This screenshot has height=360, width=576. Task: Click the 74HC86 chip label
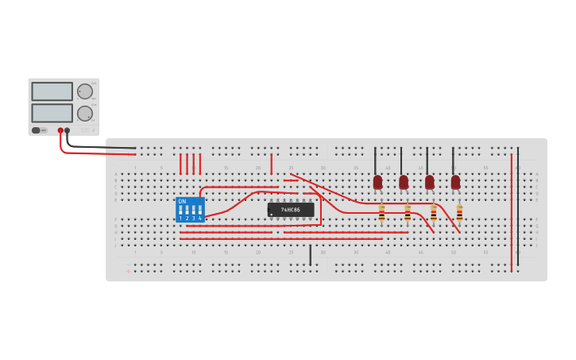[290, 209]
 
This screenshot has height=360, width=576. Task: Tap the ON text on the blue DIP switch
[182, 201]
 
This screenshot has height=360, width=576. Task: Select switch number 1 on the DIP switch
[180, 212]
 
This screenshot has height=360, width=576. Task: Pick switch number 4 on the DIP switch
[200, 212]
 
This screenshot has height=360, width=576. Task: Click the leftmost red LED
[377, 182]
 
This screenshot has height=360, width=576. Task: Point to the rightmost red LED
[455, 182]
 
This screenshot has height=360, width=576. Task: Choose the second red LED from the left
[404, 182]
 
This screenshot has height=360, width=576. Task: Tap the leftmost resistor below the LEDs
[381, 213]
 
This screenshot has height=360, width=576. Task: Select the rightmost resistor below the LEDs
[459, 213]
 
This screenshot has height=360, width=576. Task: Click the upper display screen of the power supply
[52, 91]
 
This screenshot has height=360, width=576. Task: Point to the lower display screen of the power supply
[52, 113]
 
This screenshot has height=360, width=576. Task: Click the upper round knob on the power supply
[84, 91]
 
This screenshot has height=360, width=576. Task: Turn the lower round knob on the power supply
[84, 113]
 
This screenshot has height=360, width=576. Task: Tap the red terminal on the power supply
[60, 130]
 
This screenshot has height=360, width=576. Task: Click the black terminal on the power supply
[68, 130]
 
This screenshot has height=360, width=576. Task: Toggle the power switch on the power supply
[37, 130]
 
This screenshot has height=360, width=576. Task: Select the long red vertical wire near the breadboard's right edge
[512, 215]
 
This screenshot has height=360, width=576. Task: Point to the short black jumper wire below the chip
[310, 254]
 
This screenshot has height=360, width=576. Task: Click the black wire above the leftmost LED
[375, 160]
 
